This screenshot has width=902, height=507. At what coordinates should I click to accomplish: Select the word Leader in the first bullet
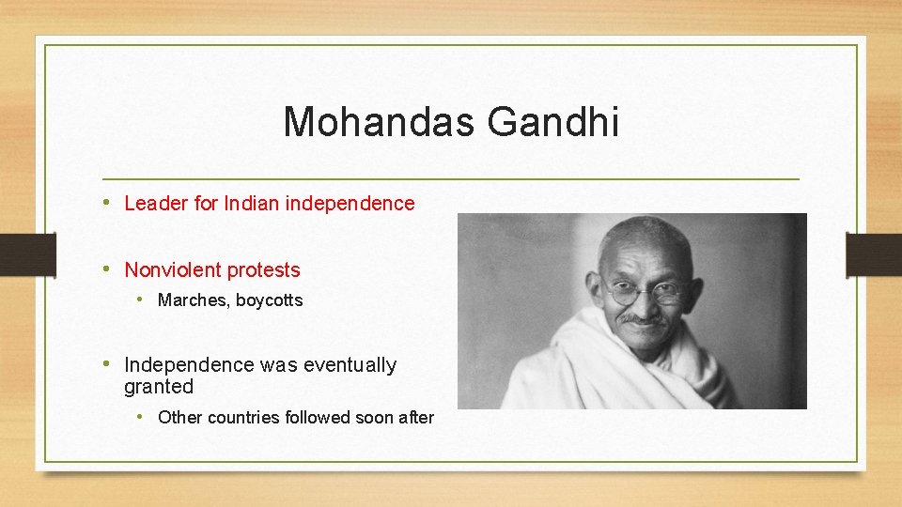pos(156,204)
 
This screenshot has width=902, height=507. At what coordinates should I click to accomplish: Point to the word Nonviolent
pos(171,270)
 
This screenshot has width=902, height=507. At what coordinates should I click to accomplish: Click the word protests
pos(262,270)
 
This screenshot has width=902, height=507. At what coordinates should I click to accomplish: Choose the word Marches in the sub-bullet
pos(193,300)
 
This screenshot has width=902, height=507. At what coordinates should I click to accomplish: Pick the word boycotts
pos(270,300)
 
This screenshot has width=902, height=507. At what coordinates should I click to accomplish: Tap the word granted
pos(159,387)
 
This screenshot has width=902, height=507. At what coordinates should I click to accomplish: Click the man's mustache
pos(643,320)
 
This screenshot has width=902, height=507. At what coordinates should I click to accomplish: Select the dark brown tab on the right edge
pos(874,253)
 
